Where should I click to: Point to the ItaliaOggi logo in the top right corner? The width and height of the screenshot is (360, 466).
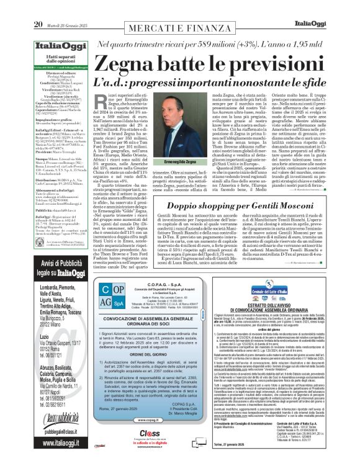pyautogui.click(x=332, y=7)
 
